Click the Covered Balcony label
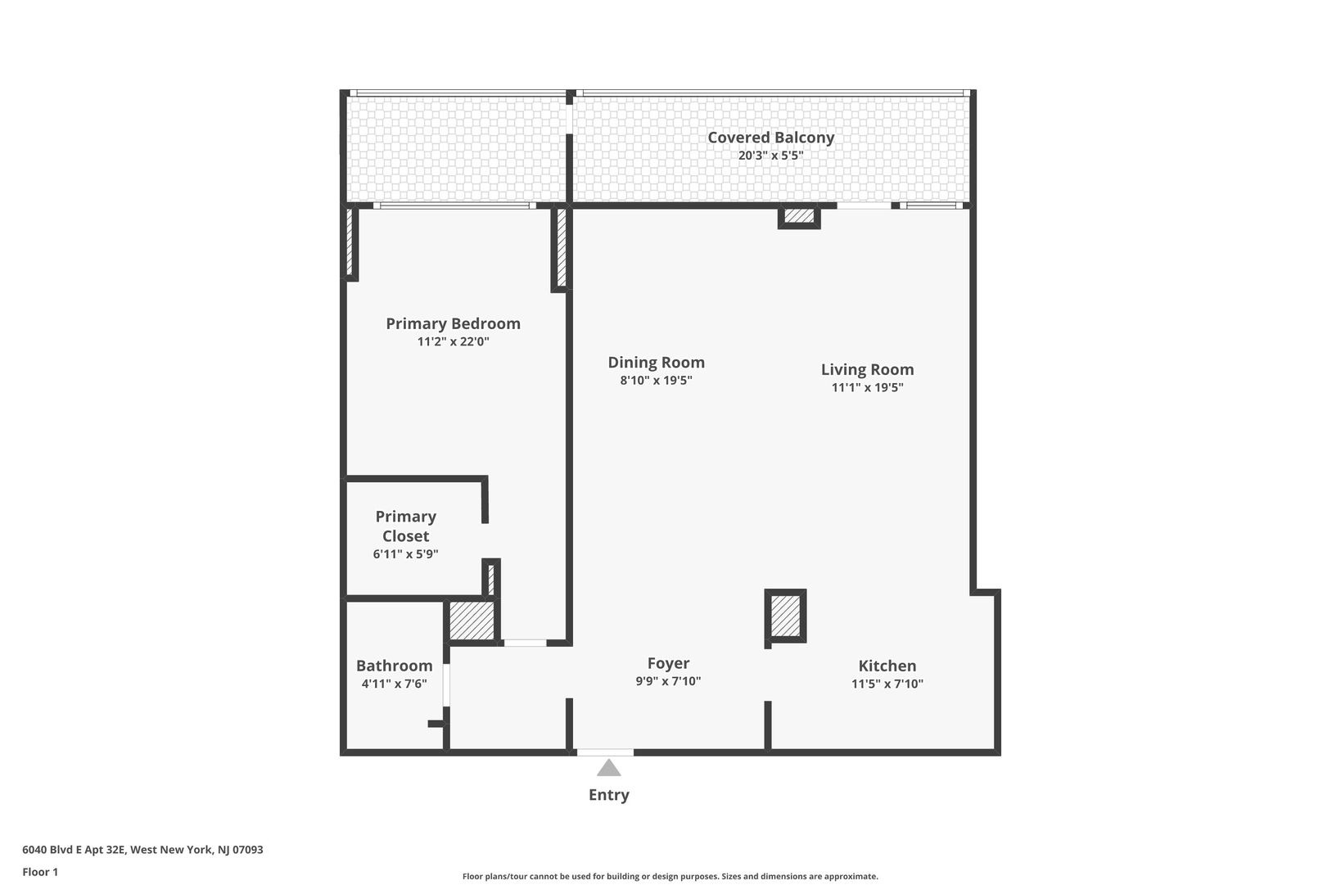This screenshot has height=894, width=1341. point(770,137)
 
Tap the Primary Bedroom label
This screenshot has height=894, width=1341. point(454,323)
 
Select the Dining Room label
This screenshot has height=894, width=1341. point(656,363)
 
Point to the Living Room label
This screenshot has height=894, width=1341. point(867,369)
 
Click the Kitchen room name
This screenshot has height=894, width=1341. point(887,666)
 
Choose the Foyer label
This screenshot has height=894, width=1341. point(668,663)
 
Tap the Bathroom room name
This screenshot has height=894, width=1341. point(394,666)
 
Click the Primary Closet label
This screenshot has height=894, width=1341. point(406,526)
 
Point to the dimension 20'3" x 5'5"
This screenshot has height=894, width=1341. point(770,156)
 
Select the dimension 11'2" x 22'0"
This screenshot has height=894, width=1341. point(454,342)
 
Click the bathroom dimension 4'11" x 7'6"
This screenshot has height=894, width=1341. point(394,684)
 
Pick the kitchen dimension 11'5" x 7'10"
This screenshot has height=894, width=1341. point(887,684)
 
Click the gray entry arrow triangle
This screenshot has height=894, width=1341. point(609,769)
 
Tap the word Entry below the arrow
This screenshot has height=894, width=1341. point(609,795)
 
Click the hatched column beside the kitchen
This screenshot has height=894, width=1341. point(785,616)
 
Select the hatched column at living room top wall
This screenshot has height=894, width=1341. point(799,216)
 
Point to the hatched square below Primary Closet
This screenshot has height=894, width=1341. point(472,621)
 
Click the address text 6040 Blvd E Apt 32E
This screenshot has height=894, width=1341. point(74,850)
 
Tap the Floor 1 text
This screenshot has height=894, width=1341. point(40,872)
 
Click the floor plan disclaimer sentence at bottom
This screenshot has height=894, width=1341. point(670,877)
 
